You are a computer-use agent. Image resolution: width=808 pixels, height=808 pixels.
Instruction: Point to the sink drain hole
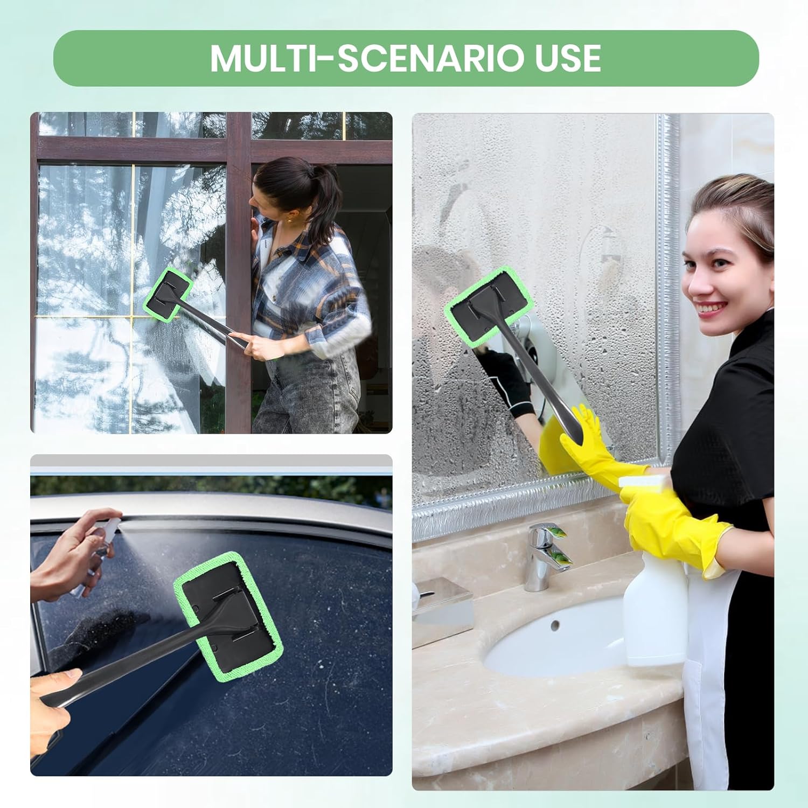pyautogui.click(x=555, y=625)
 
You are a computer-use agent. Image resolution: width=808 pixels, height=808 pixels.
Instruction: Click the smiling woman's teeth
pyautogui.click(x=713, y=308)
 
